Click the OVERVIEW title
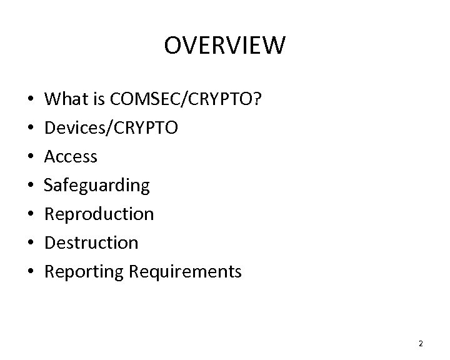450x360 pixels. [225, 46]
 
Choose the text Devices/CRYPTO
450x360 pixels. [112, 128]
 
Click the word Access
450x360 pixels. [71, 156]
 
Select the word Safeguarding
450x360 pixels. [97, 185]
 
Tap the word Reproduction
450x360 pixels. [99, 214]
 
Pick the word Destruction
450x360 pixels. [92, 242]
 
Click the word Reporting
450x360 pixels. [84, 272]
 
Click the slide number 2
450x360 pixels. [421, 343]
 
